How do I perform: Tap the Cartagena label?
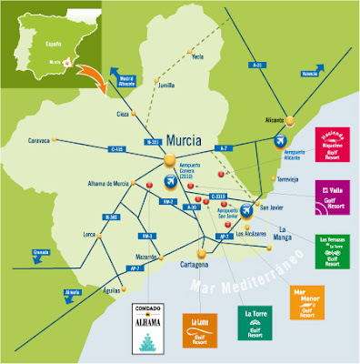pyautogui.click(x=191, y=265)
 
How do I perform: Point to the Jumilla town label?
pyautogui.click(x=165, y=86)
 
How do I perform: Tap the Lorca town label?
pyautogui.click(x=65, y=235)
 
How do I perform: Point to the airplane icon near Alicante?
pyautogui.click(x=278, y=139)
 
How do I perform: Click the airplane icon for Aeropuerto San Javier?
pyautogui.click(x=249, y=212)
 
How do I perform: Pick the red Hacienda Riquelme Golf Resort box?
pyautogui.click(x=330, y=144)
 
